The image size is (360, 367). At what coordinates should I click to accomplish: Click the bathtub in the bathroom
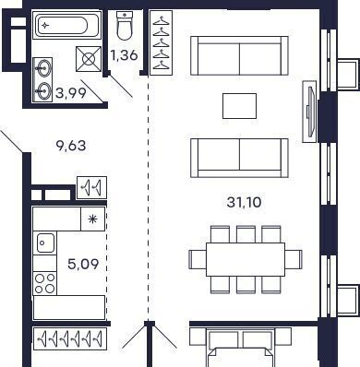(66, 25)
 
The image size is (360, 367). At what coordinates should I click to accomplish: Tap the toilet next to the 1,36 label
(125, 26)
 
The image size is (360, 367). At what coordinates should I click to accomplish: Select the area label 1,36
(124, 55)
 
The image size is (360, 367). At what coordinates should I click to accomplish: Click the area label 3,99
(71, 92)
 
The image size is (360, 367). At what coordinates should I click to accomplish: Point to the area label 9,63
(71, 146)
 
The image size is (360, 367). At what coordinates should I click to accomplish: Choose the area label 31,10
(245, 202)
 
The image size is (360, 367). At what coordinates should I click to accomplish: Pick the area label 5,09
(83, 264)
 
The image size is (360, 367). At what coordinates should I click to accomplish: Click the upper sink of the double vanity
(43, 67)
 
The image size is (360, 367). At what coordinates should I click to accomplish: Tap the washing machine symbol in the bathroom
(89, 59)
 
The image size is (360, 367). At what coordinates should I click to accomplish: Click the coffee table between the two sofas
(239, 106)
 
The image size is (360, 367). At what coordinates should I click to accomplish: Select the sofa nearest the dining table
(239, 158)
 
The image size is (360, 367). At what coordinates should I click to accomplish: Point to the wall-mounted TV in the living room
(310, 112)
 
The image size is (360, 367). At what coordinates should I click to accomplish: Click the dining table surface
(246, 259)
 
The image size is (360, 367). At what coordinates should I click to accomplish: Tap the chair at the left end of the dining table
(198, 259)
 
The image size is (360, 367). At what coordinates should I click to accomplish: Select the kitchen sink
(45, 243)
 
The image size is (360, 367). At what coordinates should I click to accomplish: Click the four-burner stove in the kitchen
(45, 283)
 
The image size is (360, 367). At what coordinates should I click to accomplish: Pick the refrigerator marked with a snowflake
(92, 219)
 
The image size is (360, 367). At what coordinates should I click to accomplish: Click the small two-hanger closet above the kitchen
(91, 187)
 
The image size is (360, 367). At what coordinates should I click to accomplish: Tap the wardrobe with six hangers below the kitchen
(70, 338)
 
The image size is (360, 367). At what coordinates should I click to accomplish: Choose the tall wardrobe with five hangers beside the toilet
(162, 42)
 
